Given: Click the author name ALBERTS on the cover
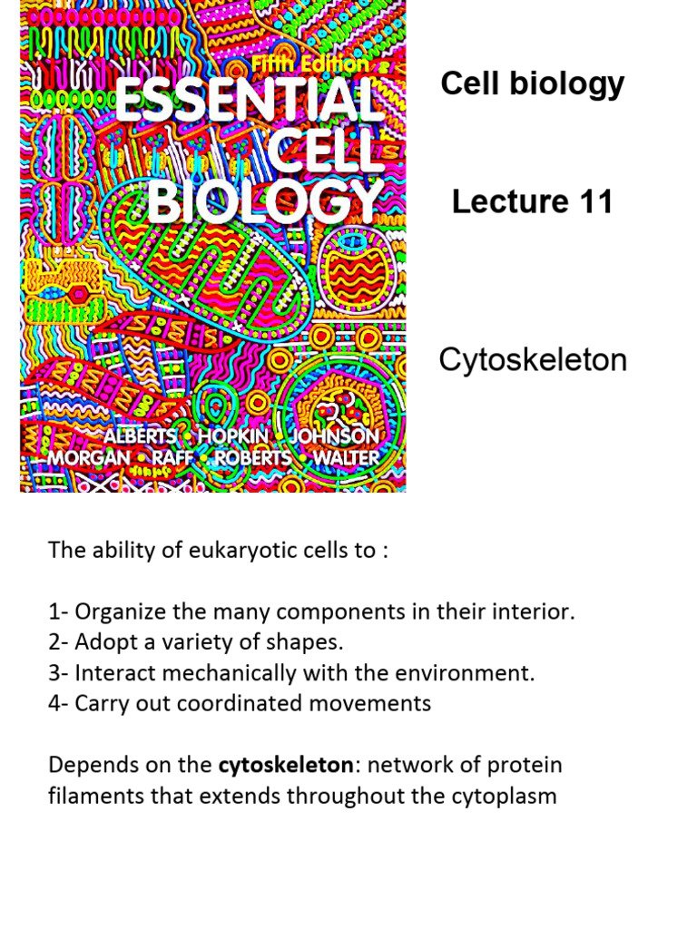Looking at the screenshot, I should (x=140, y=435).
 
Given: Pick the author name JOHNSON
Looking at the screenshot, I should (x=335, y=435).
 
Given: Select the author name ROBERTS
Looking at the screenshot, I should (x=254, y=458).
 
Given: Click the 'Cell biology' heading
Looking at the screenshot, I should (x=532, y=83).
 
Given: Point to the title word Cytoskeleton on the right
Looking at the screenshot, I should (x=533, y=360).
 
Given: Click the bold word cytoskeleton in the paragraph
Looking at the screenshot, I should (x=285, y=765).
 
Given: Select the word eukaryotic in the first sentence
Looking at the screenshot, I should (x=229, y=551).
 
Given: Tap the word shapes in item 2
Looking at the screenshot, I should (x=314, y=642).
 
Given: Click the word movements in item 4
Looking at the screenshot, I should (x=378, y=703).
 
